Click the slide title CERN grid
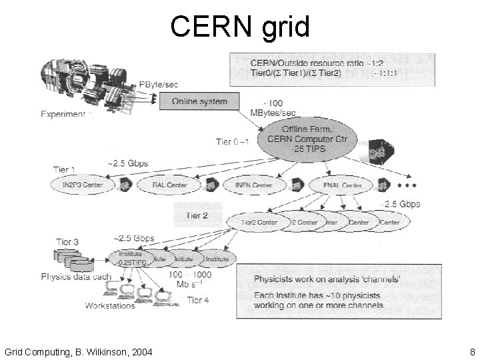[x=240, y=27]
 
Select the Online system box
[x=199, y=101]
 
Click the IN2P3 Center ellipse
[x=81, y=185]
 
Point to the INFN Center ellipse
[x=253, y=185]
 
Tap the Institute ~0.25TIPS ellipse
[x=131, y=259]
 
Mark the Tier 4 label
[x=198, y=300]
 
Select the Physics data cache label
[x=75, y=276]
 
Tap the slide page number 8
[x=471, y=351]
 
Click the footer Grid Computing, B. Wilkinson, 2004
[x=78, y=351]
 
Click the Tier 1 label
[x=64, y=169]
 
